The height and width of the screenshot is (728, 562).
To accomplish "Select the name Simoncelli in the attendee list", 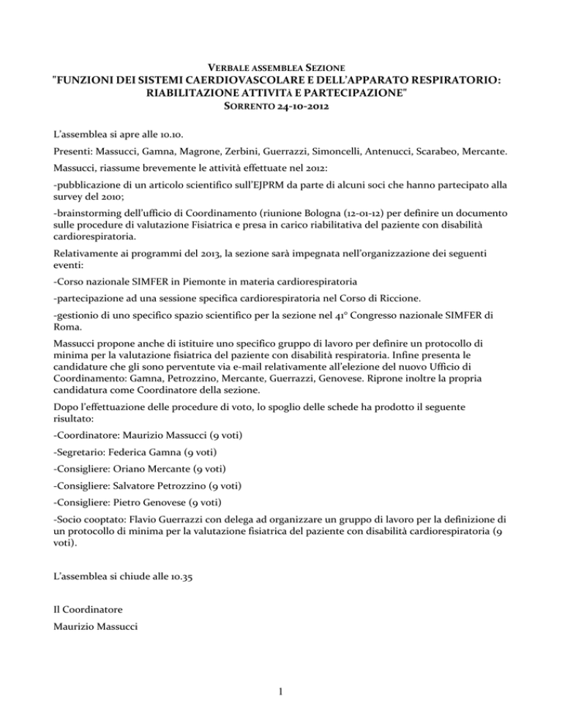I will click(330, 155).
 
